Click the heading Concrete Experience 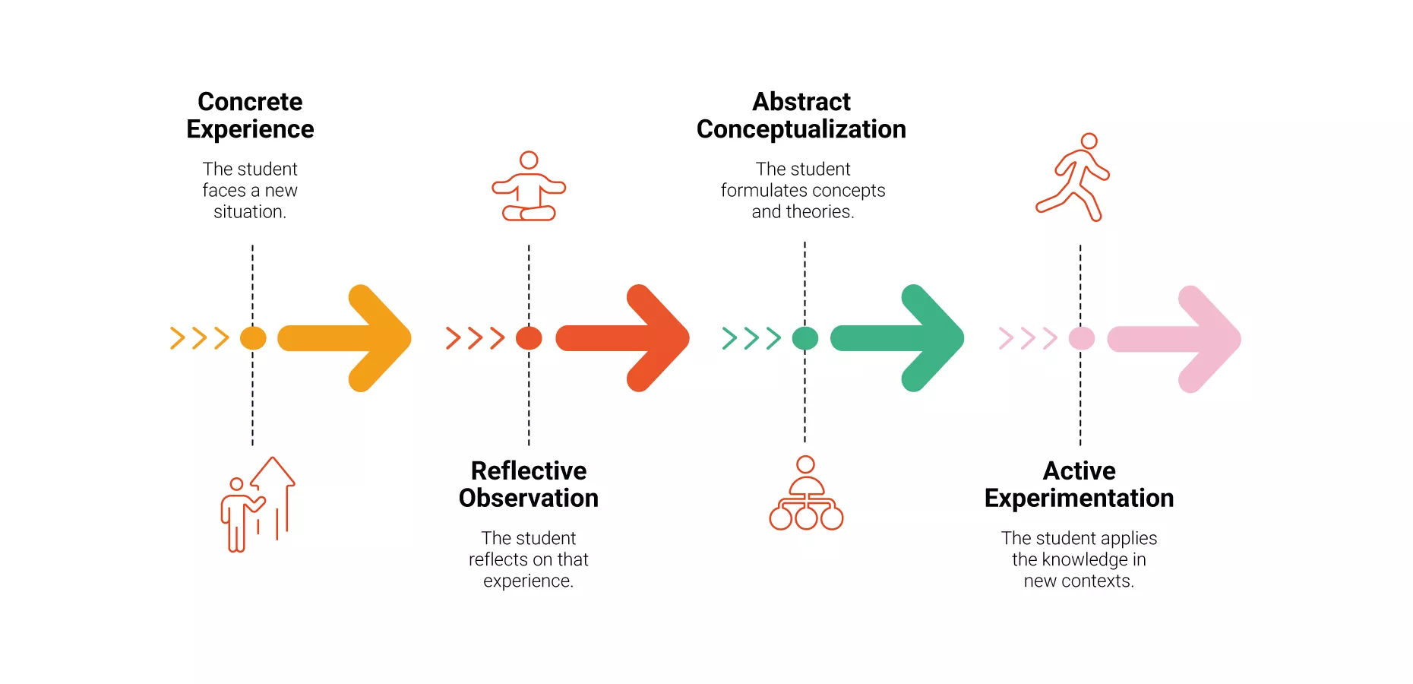pyautogui.click(x=250, y=116)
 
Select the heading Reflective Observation pyautogui.click(x=529, y=484)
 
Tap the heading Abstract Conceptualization pyautogui.click(x=801, y=116)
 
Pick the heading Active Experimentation pyautogui.click(x=1079, y=484)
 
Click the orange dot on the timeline pyautogui.click(x=253, y=338)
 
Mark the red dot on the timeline pyautogui.click(x=529, y=338)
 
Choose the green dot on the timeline pyautogui.click(x=805, y=338)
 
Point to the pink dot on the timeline pyautogui.click(x=1082, y=338)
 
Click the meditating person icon pyautogui.click(x=529, y=187)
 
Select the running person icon pyautogui.click(x=1073, y=178)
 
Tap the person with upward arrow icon pyautogui.click(x=258, y=505)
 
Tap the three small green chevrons pyautogui.click(x=751, y=338)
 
